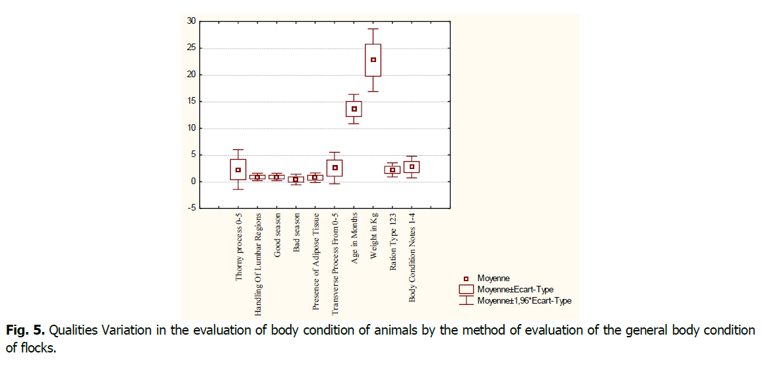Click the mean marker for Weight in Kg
coord(373,59)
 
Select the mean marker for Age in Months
coord(354,109)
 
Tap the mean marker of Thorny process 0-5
coord(238,170)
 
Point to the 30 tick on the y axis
coord(191,21)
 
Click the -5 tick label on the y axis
coord(191,209)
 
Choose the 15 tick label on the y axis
coord(191,102)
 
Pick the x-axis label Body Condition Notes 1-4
coord(412,257)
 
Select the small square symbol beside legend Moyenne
coord(466,279)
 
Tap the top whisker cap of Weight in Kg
coord(373,29)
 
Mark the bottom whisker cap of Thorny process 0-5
coord(238,189)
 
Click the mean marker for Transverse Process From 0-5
coord(335,168)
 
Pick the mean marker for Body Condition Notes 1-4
coord(412,167)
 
